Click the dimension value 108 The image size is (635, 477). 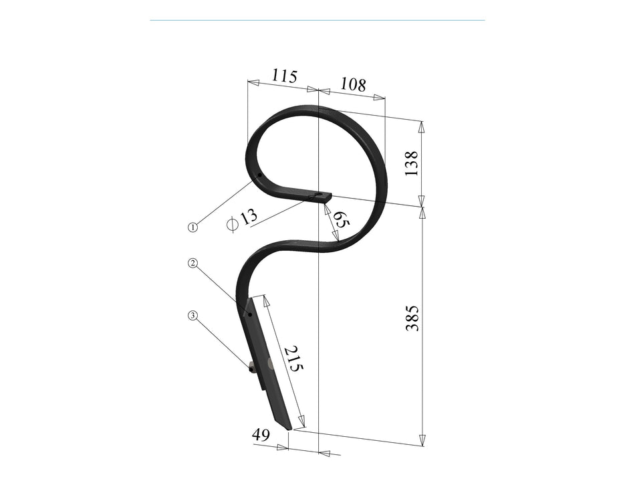tap(353, 84)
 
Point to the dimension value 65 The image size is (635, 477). tap(341, 221)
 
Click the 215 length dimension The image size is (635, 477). tap(293, 359)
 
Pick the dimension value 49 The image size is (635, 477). tap(261, 435)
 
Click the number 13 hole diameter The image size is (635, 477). tap(249, 217)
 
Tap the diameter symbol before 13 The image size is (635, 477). tap(233, 224)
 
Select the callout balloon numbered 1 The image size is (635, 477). tap(193, 227)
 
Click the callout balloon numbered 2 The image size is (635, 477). tap(193, 263)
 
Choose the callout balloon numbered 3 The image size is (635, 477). tap(193, 315)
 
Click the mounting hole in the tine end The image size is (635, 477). tap(322, 197)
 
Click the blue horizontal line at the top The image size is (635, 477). tap(317, 20)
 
